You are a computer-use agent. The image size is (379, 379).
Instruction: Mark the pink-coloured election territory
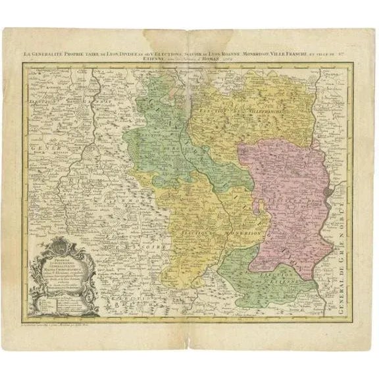pos(290,197)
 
